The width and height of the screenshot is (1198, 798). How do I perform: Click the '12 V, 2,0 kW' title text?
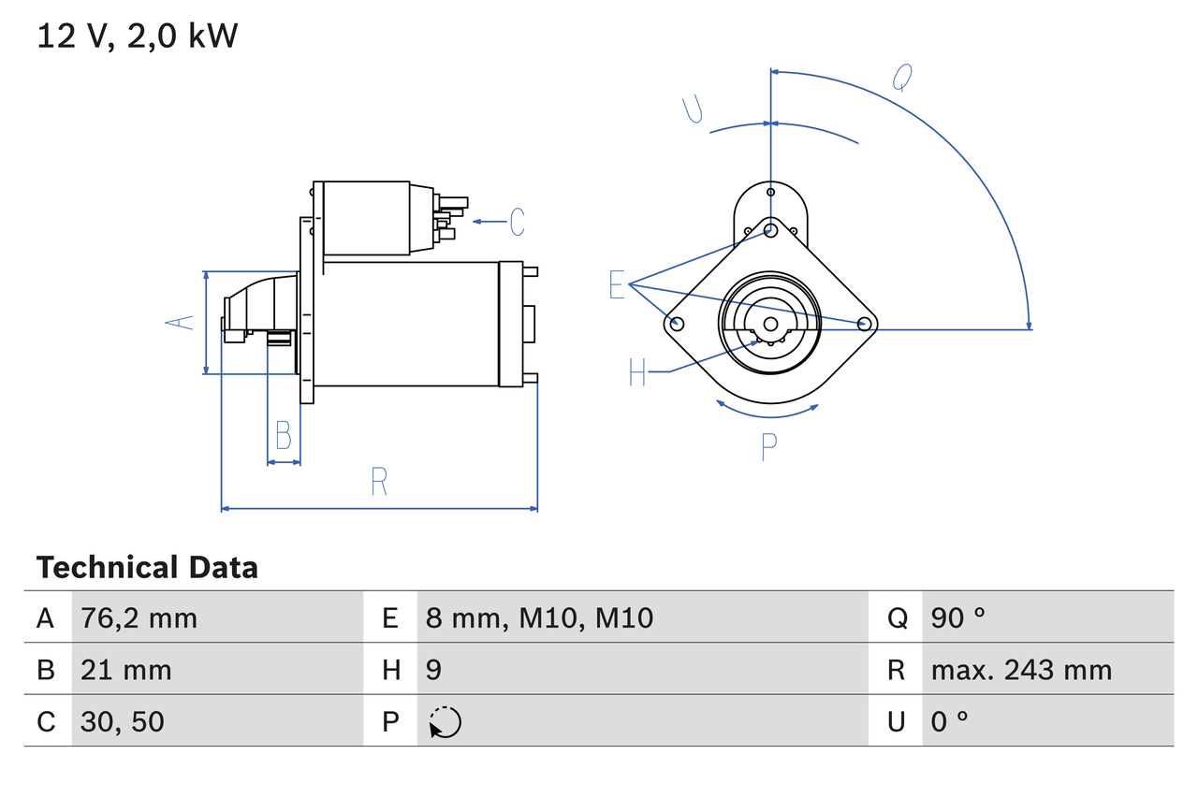138,36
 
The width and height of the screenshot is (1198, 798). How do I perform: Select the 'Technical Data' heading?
147,567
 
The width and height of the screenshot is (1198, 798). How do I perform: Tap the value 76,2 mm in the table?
139,617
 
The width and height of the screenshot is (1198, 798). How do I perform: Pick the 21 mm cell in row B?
126,670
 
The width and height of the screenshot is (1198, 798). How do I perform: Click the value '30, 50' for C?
123,721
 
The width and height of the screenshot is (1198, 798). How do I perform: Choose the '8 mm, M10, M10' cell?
539,617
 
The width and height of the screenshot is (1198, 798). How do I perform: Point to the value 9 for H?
433,670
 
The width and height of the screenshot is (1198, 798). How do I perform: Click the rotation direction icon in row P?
445,722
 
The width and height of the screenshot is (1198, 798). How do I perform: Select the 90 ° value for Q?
957,617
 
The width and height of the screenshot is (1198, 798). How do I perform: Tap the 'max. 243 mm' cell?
1021,670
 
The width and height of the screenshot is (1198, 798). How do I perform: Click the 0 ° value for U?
949,721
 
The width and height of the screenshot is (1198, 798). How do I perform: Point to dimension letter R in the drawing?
379,482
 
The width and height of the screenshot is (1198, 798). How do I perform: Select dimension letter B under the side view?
283,435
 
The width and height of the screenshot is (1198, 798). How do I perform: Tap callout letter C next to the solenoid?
517,222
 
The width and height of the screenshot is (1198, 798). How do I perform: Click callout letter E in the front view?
617,284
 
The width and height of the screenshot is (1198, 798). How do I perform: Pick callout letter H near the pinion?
637,372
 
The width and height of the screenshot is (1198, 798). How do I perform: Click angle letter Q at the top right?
901,78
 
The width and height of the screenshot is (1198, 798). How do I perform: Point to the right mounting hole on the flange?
865,324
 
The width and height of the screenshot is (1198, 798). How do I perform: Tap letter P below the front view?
768,447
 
